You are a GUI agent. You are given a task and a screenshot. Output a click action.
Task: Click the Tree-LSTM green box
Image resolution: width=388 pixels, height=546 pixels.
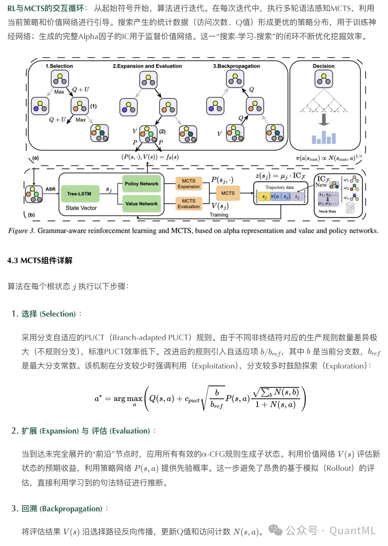tap(79, 194)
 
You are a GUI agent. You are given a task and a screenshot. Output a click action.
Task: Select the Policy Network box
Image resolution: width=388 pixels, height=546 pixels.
tap(141, 184)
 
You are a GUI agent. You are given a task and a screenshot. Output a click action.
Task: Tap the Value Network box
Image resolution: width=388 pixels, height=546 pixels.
tap(141, 204)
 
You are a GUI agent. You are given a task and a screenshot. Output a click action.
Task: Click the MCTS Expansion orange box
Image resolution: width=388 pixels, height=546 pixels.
tap(188, 184)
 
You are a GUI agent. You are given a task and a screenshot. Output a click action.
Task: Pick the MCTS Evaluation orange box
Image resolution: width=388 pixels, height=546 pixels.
tap(188, 204)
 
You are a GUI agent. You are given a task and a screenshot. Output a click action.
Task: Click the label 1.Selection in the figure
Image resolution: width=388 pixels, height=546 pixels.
tap(59, 66)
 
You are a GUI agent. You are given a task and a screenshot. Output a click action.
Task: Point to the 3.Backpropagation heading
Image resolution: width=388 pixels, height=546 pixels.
tap(236, 66)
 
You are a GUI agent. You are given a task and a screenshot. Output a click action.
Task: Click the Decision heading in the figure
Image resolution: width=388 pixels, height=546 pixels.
tap(323, 66)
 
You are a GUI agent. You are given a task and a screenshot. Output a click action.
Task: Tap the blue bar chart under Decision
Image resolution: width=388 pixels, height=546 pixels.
tap(324, 138)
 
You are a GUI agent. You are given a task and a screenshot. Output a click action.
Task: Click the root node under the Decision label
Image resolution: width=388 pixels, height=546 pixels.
tap(323, 79)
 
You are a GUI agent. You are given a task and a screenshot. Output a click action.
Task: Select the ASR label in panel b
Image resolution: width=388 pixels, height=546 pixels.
tap(51, 189)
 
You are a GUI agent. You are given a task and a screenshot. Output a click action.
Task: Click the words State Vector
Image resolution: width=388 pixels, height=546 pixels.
tap(81, 208)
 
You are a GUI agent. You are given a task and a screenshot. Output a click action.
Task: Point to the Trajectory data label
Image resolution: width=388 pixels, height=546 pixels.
tap(280, 187)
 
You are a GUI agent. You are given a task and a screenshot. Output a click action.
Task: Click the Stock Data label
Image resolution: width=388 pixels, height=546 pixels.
tap(327, 211)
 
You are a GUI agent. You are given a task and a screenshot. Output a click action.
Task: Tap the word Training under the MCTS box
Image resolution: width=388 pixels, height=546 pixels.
tap(219, 215)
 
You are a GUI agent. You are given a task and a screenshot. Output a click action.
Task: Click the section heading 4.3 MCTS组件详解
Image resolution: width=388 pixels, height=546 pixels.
tap(40, 260)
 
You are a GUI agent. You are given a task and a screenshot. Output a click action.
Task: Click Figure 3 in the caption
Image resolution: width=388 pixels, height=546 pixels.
tap(21, 231)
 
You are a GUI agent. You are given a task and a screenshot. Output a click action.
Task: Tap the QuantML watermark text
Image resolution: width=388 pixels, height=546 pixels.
tap(352, 531)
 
